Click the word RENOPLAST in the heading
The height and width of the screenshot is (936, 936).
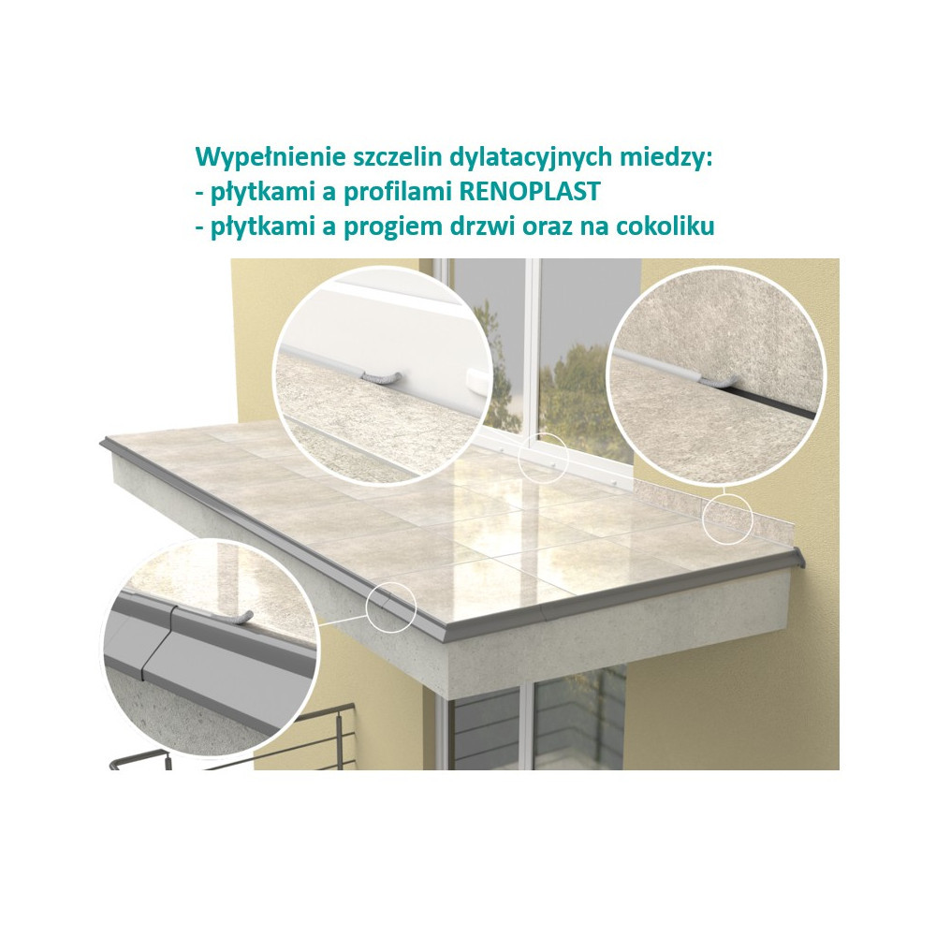(x=529, y=192)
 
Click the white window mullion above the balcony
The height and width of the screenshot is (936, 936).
(x=534, y=346)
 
